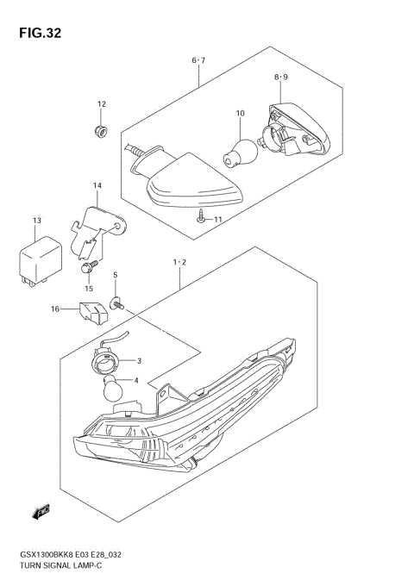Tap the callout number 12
tap(101, 104)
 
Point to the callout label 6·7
tap(198, 60)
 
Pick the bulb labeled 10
tap(241, 146)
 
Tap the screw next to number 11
tap(200, 218)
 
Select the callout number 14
tap(97, 185)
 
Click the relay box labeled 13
tap(36, 256)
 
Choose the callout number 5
tap(115, 276)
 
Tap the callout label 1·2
tap(179, 260)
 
